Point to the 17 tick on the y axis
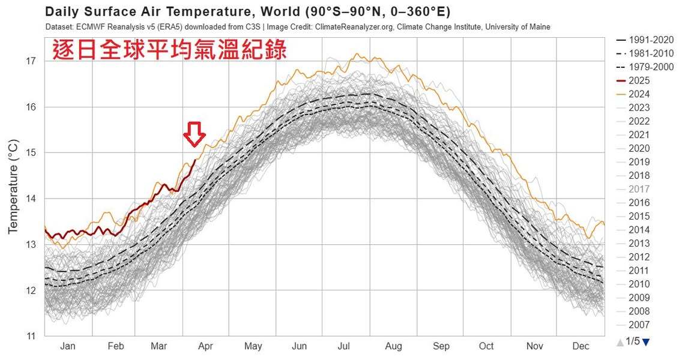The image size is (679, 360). (31, 61)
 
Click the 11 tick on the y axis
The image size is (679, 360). (31, 336)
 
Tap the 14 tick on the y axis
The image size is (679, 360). (31, 199)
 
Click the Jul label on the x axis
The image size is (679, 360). (344, 346)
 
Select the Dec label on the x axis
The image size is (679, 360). (581, 346)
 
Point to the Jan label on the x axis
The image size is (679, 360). (68, 346)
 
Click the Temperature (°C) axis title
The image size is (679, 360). (13, 186)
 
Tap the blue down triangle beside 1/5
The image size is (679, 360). (646, 343)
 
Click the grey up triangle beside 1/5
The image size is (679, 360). (620, 343)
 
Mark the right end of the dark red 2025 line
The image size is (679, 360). (196, 160)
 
